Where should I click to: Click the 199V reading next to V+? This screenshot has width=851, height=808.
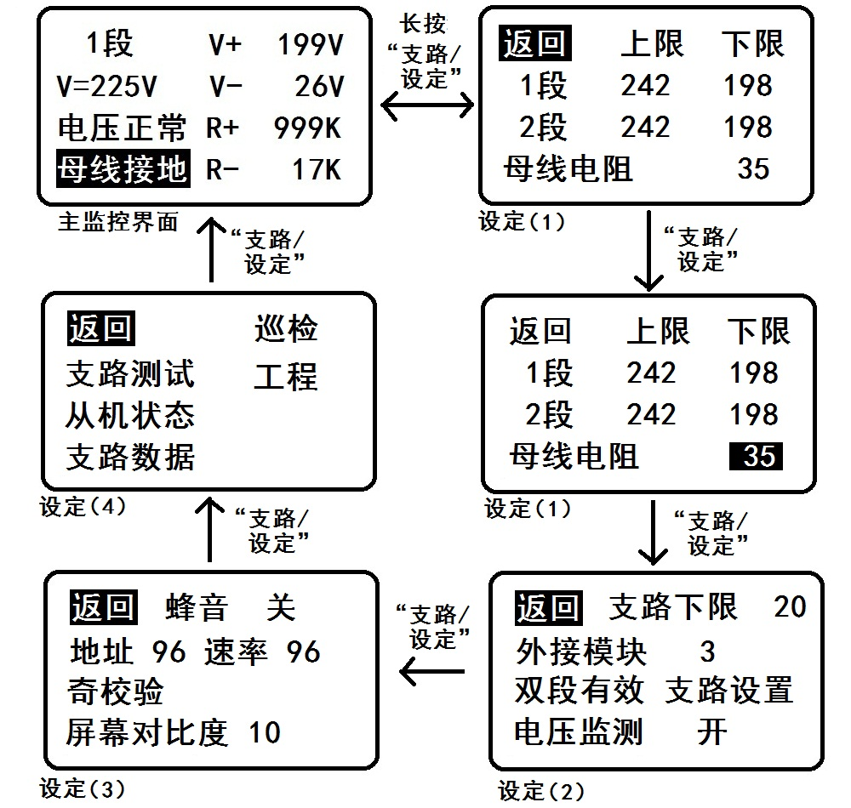pyautogui.click(x=310, y=45)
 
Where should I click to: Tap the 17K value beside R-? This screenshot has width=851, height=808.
pyautogui.click(x=317, y=169)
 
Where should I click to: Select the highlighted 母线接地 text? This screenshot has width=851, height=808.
pyautogui.click(x=122, y=169)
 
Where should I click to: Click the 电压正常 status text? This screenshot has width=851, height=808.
pyautogui.click(x=122, y=128)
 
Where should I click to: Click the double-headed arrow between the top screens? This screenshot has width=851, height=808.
pyautogui.click(x=427, y=106)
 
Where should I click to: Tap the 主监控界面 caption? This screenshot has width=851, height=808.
pyautogui.click(x=118, y=223)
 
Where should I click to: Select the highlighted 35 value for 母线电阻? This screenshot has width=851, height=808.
pyautogui.click(x=757, y=456)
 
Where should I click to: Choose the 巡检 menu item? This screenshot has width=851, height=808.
pyautogui.click(x=286, y=329)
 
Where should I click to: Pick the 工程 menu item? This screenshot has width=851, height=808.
pyautogui.click(x=286, y=375)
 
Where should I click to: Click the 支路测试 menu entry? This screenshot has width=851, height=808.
pyautogui.click(x=130, y=373)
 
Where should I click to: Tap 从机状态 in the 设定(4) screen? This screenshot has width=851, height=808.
pyautogui.click(x=130, y=415)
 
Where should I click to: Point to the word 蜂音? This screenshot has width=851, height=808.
pyautogui.click(x=196, y=608)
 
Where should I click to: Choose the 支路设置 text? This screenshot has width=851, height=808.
pyautogui.click(x=728, y=690)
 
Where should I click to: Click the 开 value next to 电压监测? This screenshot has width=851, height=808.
pyautogui.click(x=711, y=731)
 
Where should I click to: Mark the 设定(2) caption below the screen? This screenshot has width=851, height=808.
pyautogui.click(x=541, y=791)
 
